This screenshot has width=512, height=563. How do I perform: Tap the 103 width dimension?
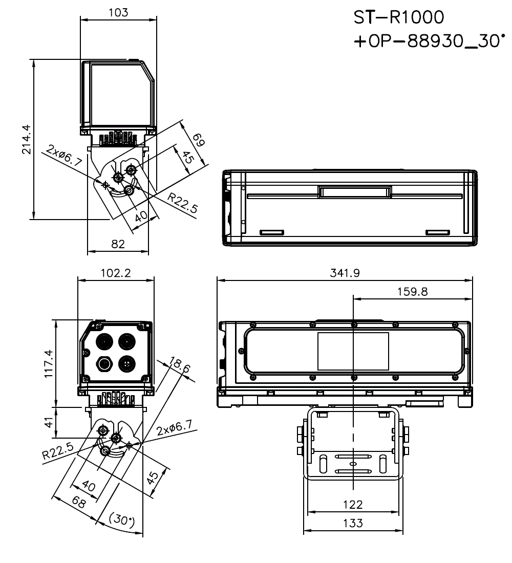coord(119,12)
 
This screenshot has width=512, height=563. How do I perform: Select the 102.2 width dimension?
coord(116,273)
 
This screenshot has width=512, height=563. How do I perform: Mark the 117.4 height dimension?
coord(48,363)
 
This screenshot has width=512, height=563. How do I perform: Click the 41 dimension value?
coord(49,422)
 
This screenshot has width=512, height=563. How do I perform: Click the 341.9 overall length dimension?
coord(345,273)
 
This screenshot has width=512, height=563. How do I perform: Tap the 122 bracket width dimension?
coord(353,504)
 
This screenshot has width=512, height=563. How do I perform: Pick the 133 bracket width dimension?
coord(353,523)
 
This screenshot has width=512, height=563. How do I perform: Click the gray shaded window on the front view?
coord(353,351)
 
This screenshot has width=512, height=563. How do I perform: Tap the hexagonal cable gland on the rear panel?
coord(105,364)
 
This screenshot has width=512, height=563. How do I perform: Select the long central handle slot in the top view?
coord(355,192)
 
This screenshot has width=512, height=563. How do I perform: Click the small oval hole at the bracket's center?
coord(353,464)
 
